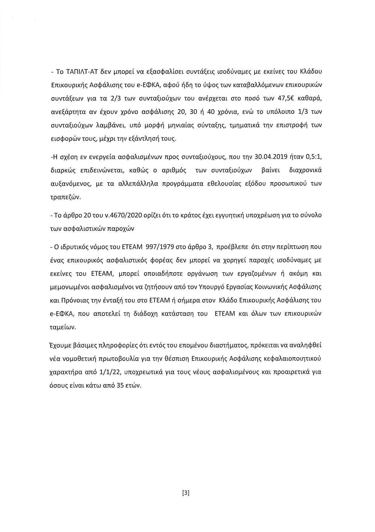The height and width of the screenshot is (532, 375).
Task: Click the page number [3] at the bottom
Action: pos(186,493)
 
